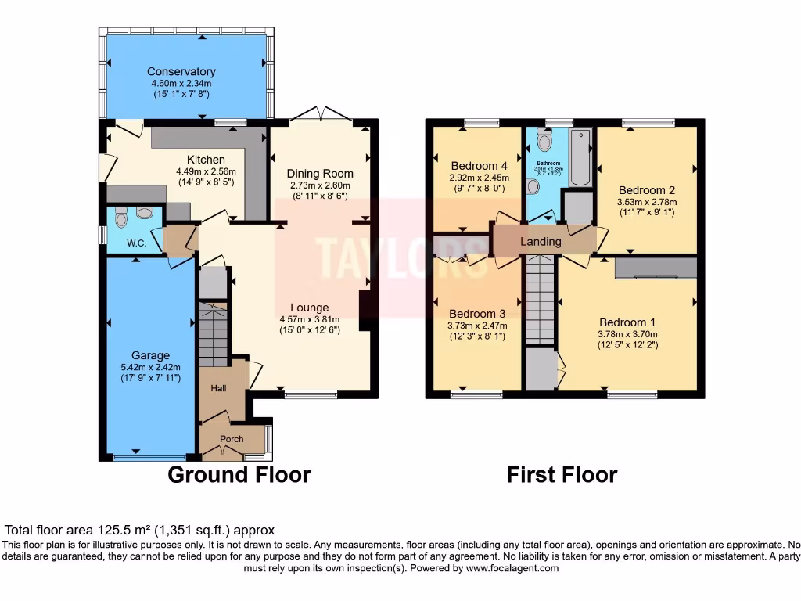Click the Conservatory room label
pyautogui.click(x=181, y=72)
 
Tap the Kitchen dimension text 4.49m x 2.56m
pyautogui.click(x=206, y=172)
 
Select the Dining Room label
pyautogui.click(x=319, y=174)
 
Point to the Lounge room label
pyautogui.click(x=309, y=308)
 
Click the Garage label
pyautogui.click(x=150, y=356)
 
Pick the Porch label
pyautogui.click(x=231, y=439)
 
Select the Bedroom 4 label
pyautogui.click(x=479, y=166)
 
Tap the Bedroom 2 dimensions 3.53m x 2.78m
pyautogui.click(x=646, y=201)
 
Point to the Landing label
pyautogui.click(x=541, y=242)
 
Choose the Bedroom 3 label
pyautogui.click(x=476, y=314)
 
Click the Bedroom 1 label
pyautogui.click(x=627, y=322)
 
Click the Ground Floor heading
pyautogui.click(x=239, y=475)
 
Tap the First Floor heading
pyautogui.click(x=562, y=475)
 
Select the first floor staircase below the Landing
pyautogui.click(x=540, y=301)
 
